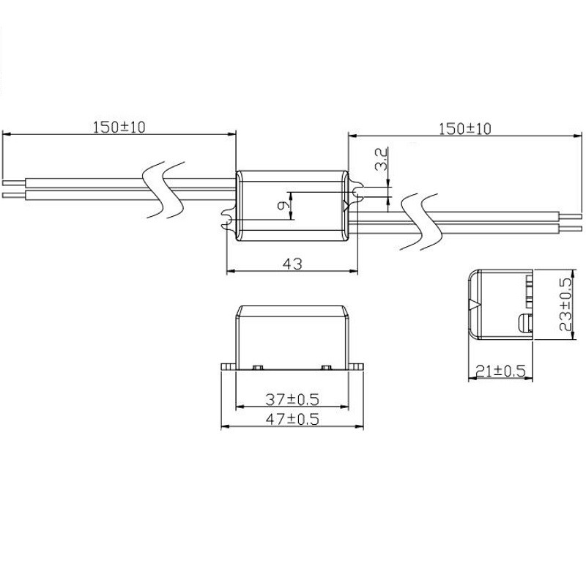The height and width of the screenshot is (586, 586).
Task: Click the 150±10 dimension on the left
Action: [x=119, y=127]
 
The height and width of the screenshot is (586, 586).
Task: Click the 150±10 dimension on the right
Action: [x=464, y=128]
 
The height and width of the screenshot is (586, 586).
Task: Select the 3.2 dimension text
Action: [x=381, y=159]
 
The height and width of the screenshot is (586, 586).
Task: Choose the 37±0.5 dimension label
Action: [x=292, y=399]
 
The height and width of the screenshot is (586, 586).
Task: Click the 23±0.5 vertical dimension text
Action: [x=565, y=305]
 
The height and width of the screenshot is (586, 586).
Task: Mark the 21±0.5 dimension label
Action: [x=499, y=371]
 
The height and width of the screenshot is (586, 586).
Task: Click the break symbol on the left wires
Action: [x=163, y=188]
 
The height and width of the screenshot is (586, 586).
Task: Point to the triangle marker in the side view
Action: [x=474, y=303]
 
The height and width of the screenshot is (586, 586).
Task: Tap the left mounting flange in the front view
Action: [x=229, y=364]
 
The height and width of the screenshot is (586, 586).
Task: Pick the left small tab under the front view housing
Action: [x=258, y=365]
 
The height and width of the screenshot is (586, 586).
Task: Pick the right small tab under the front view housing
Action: [x=325, y=365]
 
